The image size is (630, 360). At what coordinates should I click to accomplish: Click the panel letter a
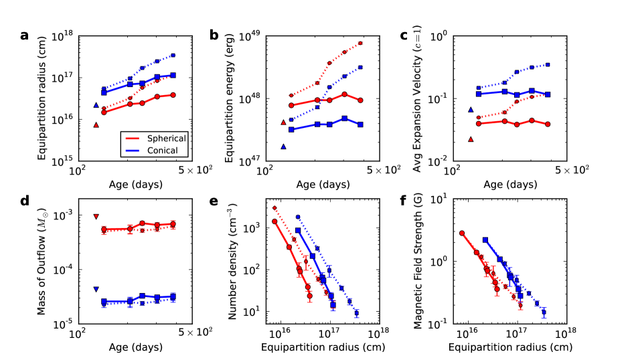(24, 35)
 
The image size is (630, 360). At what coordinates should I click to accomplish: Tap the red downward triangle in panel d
(96, 216)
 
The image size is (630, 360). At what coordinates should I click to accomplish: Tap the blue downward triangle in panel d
(96, 289)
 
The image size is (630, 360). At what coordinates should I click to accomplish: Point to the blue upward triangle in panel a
(96, 105)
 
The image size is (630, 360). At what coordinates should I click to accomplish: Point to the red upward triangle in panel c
(471, 139)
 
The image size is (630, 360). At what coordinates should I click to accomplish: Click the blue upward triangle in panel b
(284, 147)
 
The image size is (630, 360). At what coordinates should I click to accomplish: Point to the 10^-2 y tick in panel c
(439, 160)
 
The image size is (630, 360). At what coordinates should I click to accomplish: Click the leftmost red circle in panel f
(462, 233)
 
